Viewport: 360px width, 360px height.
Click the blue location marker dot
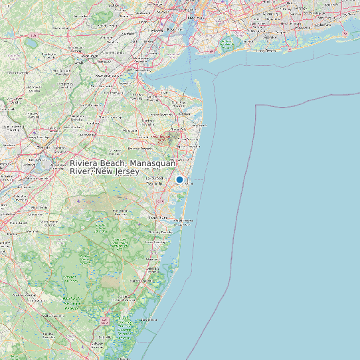click(179, 179)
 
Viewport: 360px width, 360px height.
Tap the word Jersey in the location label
click(126, 172)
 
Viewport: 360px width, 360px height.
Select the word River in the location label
click(82, 172)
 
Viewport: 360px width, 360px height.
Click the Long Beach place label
click(266, 50)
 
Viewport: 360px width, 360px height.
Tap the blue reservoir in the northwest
click(31, 44)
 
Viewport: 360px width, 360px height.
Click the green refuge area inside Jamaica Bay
click(228, 45)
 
